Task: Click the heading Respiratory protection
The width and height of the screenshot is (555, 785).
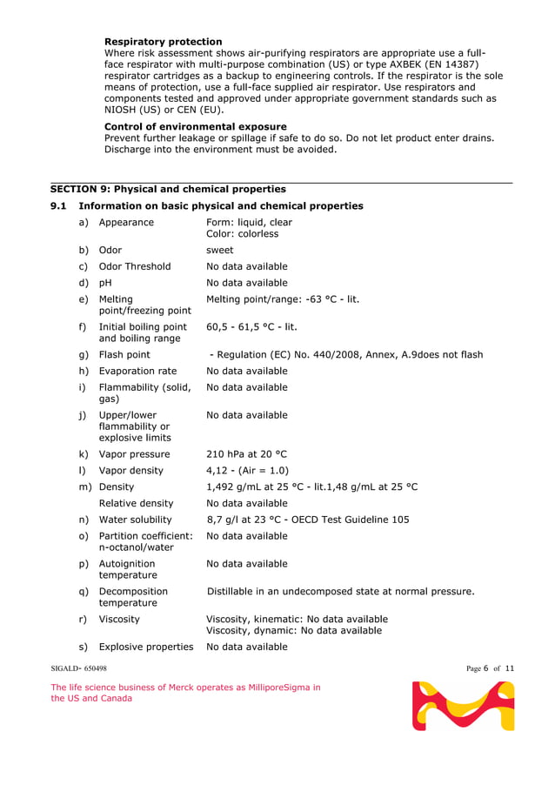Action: (163, 42)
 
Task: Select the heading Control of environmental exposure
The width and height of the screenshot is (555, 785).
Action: (195, 126)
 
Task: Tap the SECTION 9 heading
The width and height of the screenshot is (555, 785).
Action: (168, 189)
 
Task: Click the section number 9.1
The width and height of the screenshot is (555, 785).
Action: (58, 206)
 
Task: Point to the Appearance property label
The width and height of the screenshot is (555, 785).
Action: (126, 223)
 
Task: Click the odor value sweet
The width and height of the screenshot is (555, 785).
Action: (219, 251)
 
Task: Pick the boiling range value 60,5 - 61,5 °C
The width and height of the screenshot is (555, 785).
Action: (251, 327)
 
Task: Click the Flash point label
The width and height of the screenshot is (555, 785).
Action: (124, 355)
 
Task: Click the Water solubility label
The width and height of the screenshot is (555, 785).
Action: (137, 520)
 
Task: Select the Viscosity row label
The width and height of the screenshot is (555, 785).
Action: (119, 620)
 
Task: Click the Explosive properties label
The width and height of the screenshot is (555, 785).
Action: (145, 647)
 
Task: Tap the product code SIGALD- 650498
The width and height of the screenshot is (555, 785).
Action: (78, 668)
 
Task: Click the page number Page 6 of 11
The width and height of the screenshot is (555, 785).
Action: (490, 668)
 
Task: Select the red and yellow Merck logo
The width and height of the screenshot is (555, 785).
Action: (463, 706)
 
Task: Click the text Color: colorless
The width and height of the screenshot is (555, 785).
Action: (242, 234)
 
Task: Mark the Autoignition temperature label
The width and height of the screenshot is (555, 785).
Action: (128, 569)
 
